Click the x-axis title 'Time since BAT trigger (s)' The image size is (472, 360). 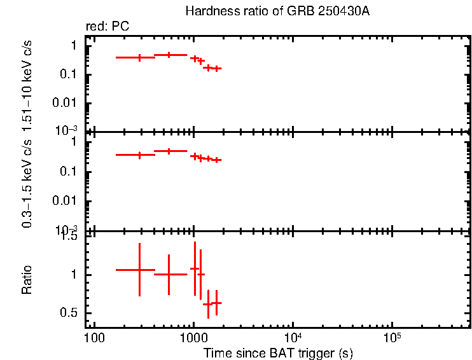(278, 352)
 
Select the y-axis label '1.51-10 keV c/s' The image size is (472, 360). (27, 87)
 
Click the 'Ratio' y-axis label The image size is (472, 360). (27, 280)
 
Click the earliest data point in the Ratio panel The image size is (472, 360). (139, 270)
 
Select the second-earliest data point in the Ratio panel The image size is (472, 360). (169, 274)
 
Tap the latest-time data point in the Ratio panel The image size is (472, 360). (216, 303)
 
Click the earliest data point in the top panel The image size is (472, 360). (139, 57)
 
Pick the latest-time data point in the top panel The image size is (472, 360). (216, 68)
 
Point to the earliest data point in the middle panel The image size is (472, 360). (139, 155)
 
